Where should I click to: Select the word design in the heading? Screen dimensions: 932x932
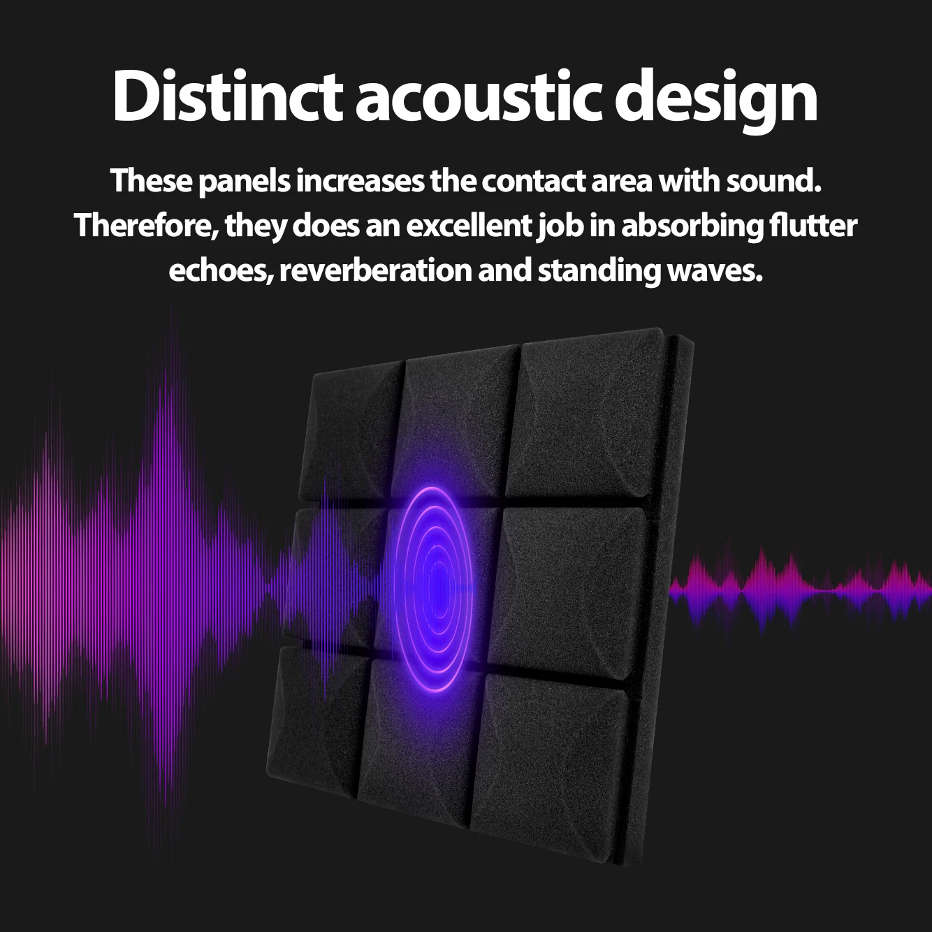point(716,98)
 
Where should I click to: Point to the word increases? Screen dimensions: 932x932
point(360,181)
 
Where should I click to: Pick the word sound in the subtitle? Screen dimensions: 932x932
point(773,181)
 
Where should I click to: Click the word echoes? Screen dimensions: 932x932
point(220,270)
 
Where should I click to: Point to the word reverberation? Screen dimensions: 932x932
point(375,270)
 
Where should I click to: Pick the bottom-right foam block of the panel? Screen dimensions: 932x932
point(552,762)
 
